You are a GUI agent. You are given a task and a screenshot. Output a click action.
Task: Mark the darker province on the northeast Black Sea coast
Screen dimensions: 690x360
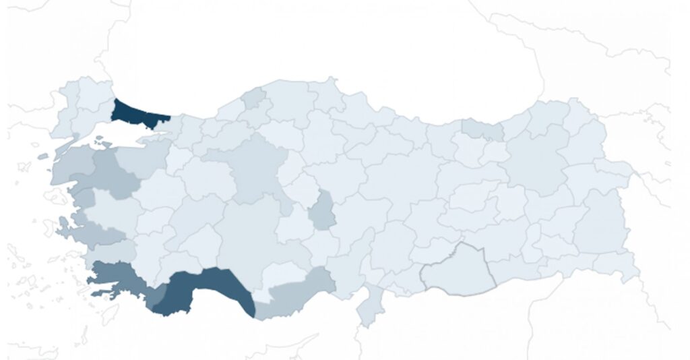[x=482, y=128]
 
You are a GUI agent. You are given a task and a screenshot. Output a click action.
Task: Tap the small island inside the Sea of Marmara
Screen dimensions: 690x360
[x=101, y=142]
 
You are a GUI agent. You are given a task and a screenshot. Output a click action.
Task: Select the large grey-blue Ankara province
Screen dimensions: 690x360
[x=253, y=169]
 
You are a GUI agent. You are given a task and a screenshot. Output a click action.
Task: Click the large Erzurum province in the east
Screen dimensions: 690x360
[x=539, y=162]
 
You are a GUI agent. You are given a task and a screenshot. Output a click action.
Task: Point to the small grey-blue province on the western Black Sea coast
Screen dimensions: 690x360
[x=255, y=98]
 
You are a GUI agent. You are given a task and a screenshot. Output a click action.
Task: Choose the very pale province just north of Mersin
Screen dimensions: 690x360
[x=283, y=273]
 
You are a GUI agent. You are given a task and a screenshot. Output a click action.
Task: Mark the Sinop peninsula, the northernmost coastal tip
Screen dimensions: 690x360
[x=330, y=84]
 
